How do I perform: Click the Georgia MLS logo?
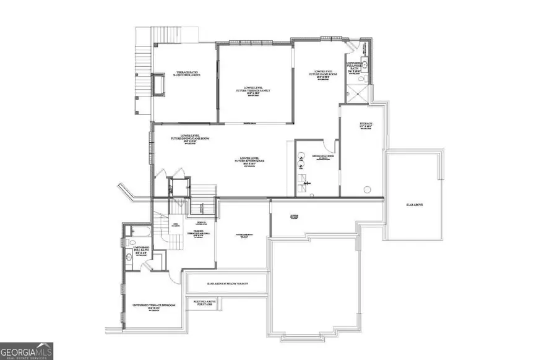27,351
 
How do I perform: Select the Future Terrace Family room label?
254,91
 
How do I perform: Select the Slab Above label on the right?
414,205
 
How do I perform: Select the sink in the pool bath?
366,64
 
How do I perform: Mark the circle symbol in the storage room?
367,188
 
